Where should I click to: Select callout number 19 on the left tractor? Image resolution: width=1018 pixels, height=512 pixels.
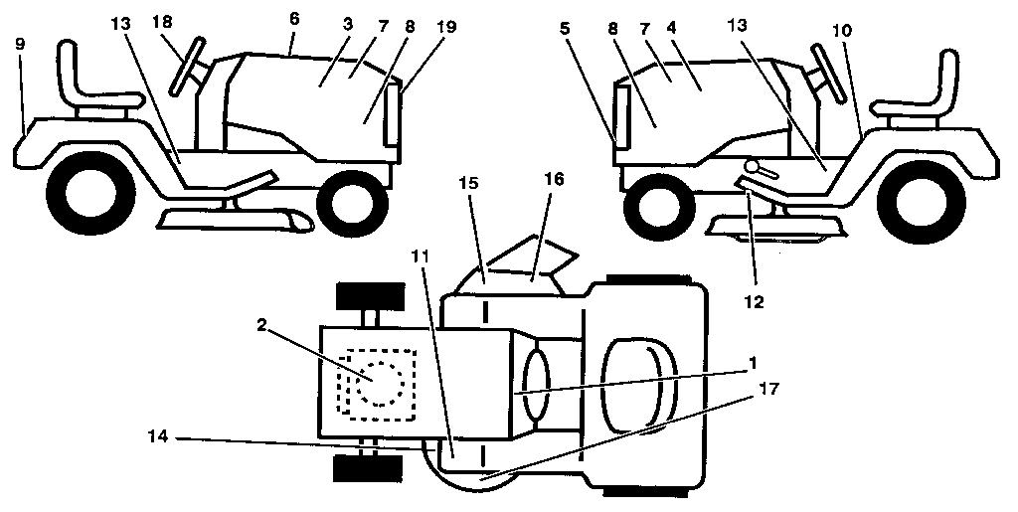tap(446, 27)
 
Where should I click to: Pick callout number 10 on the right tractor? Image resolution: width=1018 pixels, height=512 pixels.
tap(842, 31)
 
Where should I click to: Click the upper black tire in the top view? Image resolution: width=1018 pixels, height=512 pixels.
tap(369, 297)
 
